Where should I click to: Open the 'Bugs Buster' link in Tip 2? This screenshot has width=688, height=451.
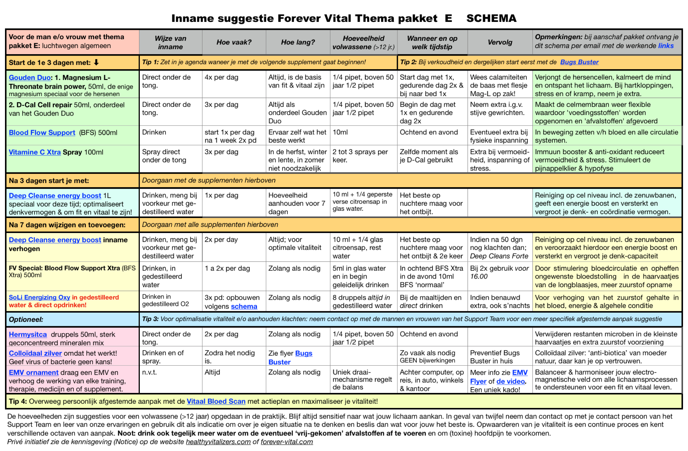pyautogui.click(x=579, y=62)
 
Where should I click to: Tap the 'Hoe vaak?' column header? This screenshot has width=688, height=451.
pyautogui.click(x=234, y=42)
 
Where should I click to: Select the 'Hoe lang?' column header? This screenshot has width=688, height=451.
pyautogui.click(x=297, y=42)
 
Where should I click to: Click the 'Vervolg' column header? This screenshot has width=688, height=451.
pyautogui.click(x=500, y=42)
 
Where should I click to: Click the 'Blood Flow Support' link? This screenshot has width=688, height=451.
pyautogui.click(x=42, y=133)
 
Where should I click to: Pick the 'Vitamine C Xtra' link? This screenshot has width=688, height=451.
pyautogui.click(x=34, y=152)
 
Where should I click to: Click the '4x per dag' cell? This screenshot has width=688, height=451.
pyautogui.click(x=221, y=77)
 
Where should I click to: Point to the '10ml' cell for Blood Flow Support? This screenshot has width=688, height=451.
pyautogui.click(x=340, y=132)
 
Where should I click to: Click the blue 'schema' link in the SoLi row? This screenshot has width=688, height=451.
pyautogui.click(x=244, y=307)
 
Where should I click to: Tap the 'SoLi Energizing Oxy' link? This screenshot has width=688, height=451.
pyautogui.click(x=39, y=297)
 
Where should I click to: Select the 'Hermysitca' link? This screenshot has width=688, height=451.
pyautogui.click(x=28, y=334)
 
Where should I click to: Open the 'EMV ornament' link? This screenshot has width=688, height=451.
pyautogui.click(x=33, y=372)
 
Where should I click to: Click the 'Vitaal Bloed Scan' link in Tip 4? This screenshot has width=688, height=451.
pyautogui.click(x=216, y=402)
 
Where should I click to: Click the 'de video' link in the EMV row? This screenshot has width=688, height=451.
pyautogui.click(x=510, y=381)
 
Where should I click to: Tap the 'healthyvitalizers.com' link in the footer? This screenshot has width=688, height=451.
pyautogui.click(x=218, y=442)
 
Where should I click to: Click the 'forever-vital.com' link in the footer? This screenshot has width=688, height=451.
pyautogui.click(x=286, y=442)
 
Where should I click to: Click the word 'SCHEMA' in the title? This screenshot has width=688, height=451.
pyautogui.click(x=491, y=18)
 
